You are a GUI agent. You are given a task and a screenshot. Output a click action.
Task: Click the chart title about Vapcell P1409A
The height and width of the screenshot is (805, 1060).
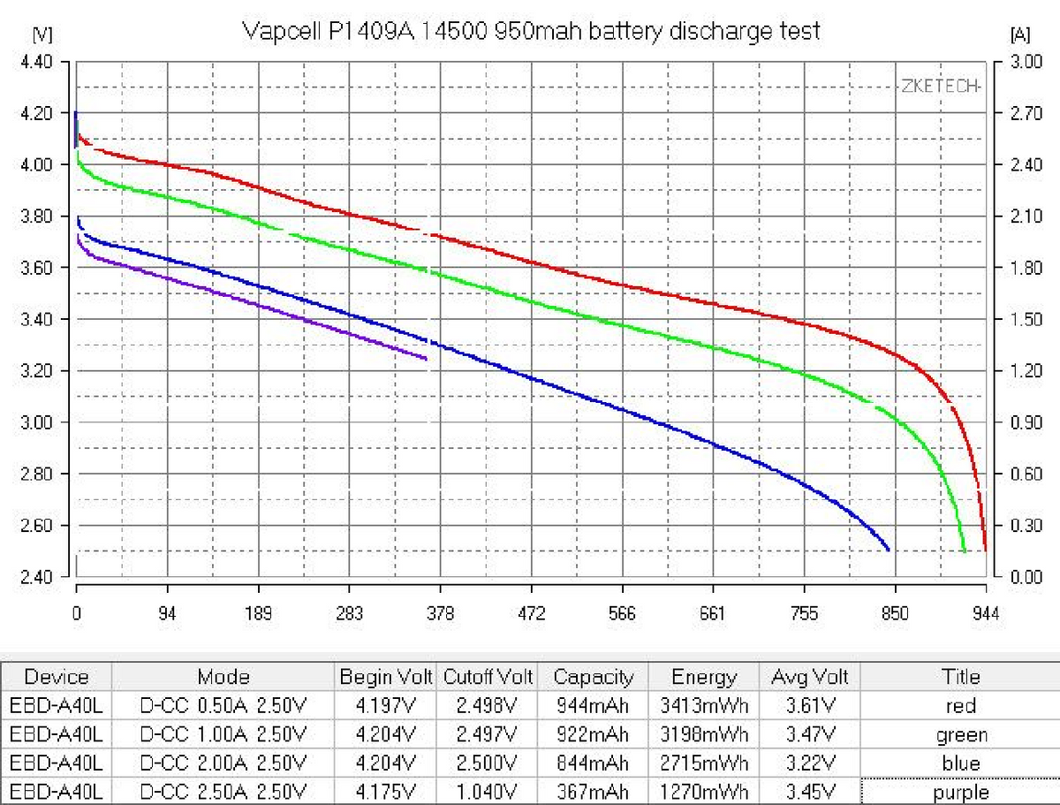531,32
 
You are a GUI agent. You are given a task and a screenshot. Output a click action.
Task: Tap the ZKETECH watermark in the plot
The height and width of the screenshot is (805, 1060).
940,86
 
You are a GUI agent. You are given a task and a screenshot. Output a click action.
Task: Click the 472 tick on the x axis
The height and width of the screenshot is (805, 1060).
532,614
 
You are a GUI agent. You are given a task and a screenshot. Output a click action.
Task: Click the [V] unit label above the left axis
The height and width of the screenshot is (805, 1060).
42,35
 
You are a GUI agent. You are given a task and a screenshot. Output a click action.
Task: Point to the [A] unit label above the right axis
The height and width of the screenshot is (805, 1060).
1018,35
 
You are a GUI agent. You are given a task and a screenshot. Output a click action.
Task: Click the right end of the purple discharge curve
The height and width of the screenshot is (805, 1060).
427,359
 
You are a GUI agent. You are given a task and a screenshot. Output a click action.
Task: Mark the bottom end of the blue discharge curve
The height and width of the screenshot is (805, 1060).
888,550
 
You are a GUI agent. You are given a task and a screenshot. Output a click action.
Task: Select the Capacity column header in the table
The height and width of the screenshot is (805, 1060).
593,678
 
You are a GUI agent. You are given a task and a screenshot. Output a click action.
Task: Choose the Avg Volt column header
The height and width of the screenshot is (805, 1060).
809,678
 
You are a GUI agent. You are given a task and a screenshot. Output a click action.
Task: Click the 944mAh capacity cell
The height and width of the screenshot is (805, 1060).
593,706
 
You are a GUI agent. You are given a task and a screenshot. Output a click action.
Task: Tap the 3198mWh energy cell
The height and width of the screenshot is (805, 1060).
704,735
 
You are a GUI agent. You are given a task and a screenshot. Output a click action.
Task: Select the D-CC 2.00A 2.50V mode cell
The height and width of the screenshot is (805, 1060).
223,763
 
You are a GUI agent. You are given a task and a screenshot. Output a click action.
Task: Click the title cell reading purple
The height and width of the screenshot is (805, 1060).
960,792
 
